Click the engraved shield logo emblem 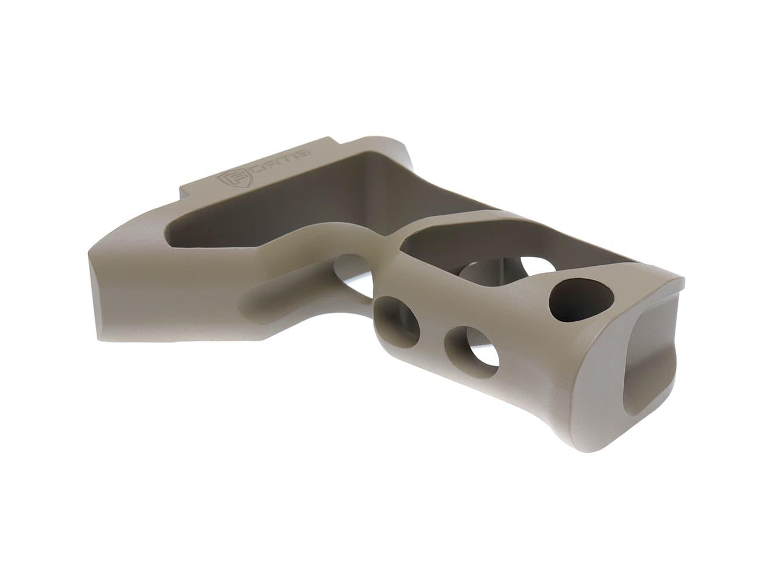(227, 180)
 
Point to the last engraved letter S (304, 152)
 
